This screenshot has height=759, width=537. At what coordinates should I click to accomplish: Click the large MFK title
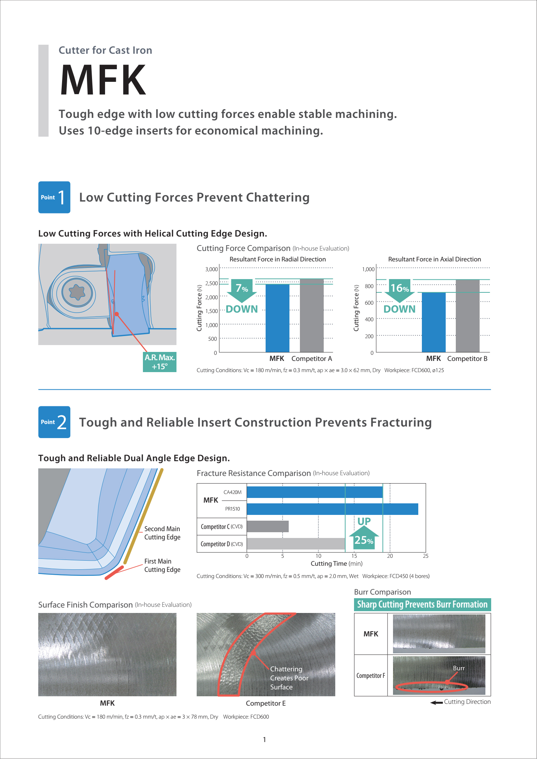pyautogui.click(x=103, y=80)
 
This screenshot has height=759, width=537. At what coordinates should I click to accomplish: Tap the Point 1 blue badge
pyautogui.click(x=54, y=197)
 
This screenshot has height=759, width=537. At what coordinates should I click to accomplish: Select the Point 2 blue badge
pyautogui.click(x=54, y=422)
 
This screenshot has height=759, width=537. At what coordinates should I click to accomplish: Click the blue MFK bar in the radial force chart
pyautogui.click(x=277, y=318)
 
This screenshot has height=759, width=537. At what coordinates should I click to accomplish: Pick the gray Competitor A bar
pyautogui.click(x=312, y=315)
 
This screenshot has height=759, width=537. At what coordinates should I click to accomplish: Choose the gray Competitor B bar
pyautogui.click(x=467, y=315)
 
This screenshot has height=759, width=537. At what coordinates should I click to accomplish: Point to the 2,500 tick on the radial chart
pyautogui.click(x=211, y=283)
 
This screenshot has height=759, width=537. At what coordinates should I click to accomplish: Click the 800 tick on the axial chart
pyautogui.click(x=369, y=286)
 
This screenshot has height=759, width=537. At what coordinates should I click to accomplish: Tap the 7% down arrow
pyautogui.click(x=242, y=290)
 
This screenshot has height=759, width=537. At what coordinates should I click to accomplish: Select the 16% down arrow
pyautogui.click(x=400, y=290)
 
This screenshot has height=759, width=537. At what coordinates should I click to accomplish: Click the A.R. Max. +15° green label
pyautogui.click(x=160, y=362)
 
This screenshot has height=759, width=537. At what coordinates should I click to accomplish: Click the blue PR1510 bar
pyautogui.click(x=332, y=509)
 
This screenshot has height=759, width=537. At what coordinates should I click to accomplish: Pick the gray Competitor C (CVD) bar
pyautogui.click(x=267, y=526)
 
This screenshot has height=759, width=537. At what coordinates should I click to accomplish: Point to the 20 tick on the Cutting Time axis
pyautogui.click(x=390, y=556)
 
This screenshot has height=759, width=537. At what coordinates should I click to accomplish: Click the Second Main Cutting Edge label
pyautogui.click(x=162, y=533)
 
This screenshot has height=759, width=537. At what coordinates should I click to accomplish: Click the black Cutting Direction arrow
pyautogui.click(x=436, y=702)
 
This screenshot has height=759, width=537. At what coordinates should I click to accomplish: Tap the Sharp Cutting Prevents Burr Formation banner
pyautogui.click(x=422, y=604)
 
